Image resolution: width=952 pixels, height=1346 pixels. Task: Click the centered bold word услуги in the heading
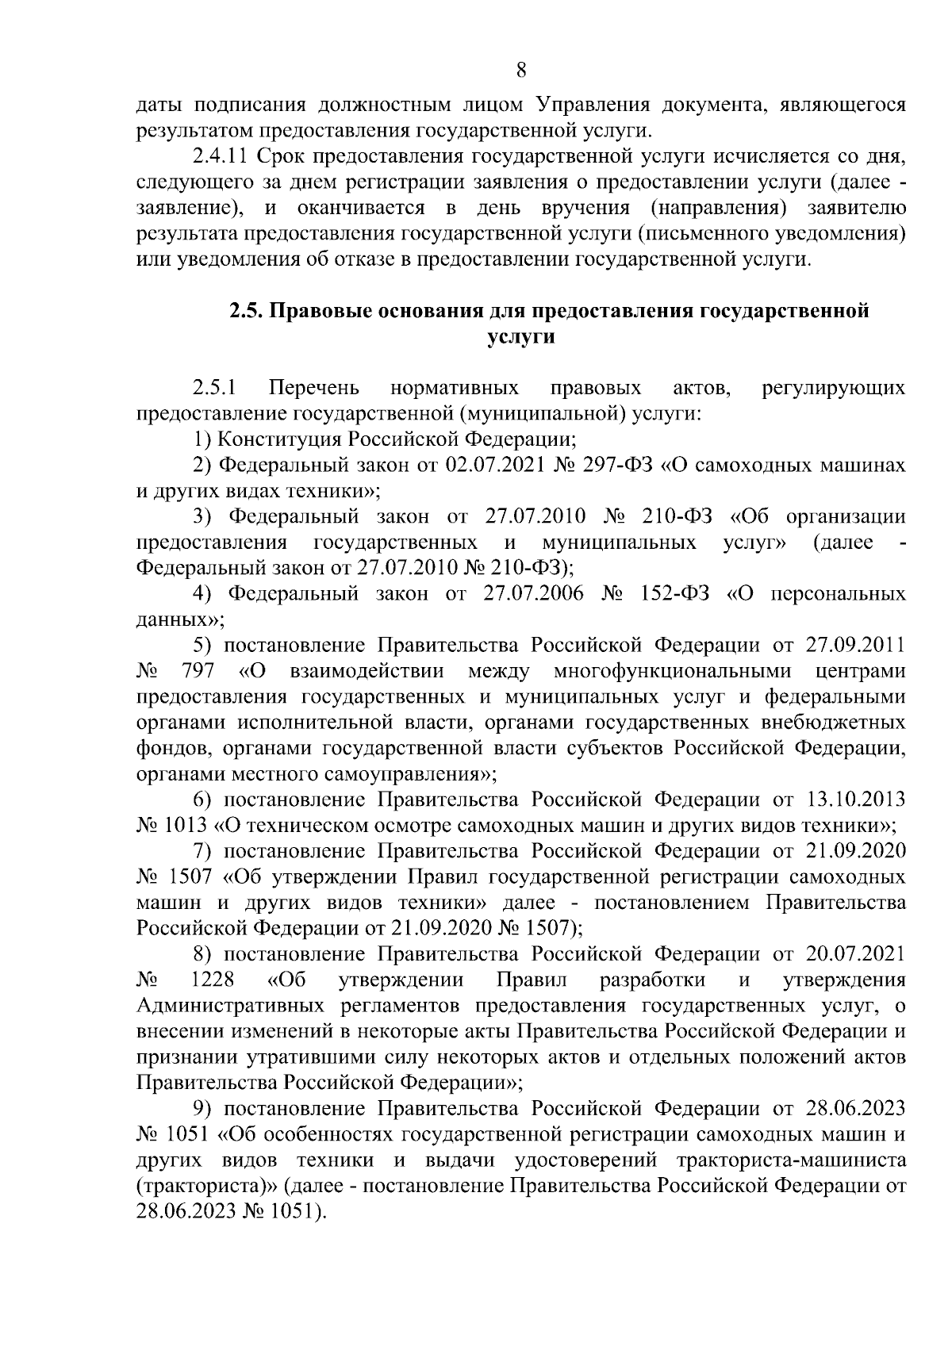click(x=520, y=336)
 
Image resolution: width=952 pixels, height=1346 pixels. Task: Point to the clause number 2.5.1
click(x=214, y=388)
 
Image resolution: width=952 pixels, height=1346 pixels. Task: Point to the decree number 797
click(x=198, y=671)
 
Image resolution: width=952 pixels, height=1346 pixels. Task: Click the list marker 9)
click(x=205, y=1108)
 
